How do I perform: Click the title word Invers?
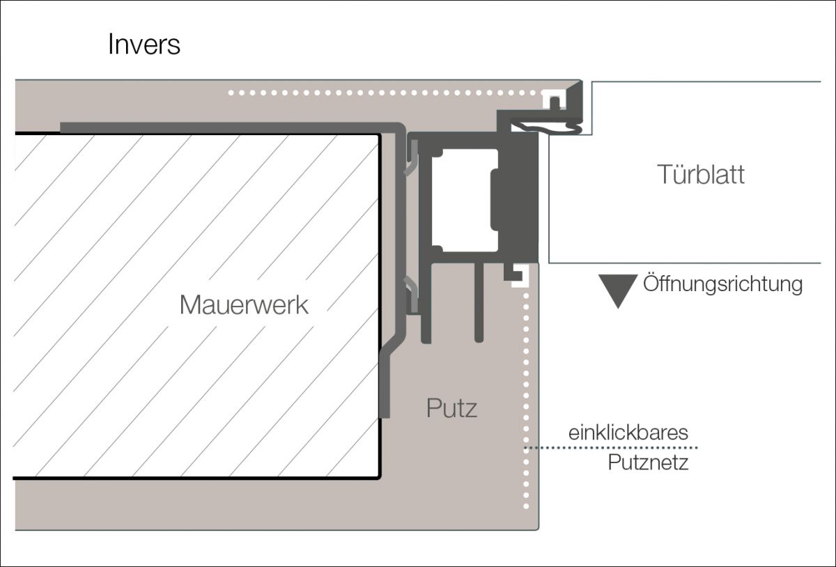coord(144,45)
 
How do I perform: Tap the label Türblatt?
coord(701,175)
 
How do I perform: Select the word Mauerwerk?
coord(244,305)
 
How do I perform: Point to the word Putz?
coord(452,408)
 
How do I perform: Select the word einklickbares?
coord(628,433)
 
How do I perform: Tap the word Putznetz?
coord(648,463)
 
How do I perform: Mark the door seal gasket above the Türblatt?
coord(547,126)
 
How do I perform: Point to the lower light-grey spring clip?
coord(412,293)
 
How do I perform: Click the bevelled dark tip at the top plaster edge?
coord(575,90)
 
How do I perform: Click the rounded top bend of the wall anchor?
coord(399,130)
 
